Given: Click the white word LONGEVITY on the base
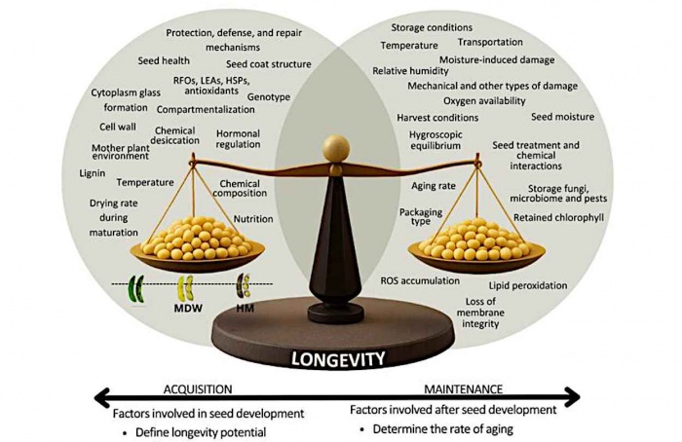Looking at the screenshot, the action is (338, 359).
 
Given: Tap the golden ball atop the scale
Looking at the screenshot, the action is (336, 149).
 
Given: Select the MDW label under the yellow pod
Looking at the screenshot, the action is (188, 309).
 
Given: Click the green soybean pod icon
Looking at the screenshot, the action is (135, 288).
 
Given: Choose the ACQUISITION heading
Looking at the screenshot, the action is (198, 389).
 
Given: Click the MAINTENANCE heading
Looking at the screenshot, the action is (463, 389).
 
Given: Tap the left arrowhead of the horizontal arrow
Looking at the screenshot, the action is (101, 397).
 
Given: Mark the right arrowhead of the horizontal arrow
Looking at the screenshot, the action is (573, 397).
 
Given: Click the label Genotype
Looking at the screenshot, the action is (269, 97).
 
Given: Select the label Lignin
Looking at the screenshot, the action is (93, 173).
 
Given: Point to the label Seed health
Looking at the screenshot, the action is (164, 60).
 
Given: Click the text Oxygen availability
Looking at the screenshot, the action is (484, 101).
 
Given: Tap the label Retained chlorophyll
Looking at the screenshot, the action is (558, 217).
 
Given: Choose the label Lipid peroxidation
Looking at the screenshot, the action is (528, 285).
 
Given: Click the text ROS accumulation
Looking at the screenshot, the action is (420, 280).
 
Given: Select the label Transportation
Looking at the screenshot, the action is (490, 42).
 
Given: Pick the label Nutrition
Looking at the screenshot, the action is (253, 219).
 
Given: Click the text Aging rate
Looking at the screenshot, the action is (434, 186).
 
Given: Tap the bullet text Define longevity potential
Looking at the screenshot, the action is (201, 432).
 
